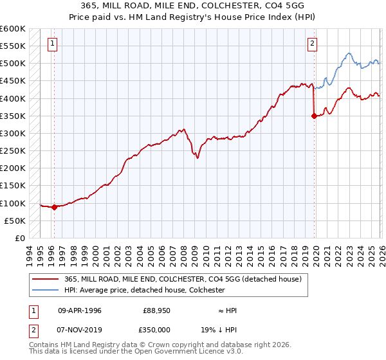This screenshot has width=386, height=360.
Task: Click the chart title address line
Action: click(x=193, y=6)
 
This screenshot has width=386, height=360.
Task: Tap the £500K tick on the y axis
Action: click(x=13, y=64)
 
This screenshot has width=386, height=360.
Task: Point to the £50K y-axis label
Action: click(x=15, y=221)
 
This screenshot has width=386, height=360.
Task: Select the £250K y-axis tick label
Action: click(x=13, y=151)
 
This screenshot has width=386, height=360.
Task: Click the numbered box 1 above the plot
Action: click(x=52, y=44)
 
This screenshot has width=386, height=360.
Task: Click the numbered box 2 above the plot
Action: click(x=312, y=44)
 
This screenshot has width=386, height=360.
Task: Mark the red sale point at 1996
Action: click(x=55, y=207)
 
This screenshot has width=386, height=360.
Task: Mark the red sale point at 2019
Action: click(x=314, y=116)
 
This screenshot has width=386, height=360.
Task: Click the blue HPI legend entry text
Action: click(x=145, y=290)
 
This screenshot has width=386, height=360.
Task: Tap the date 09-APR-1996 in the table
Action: click(x=79, y=310)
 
